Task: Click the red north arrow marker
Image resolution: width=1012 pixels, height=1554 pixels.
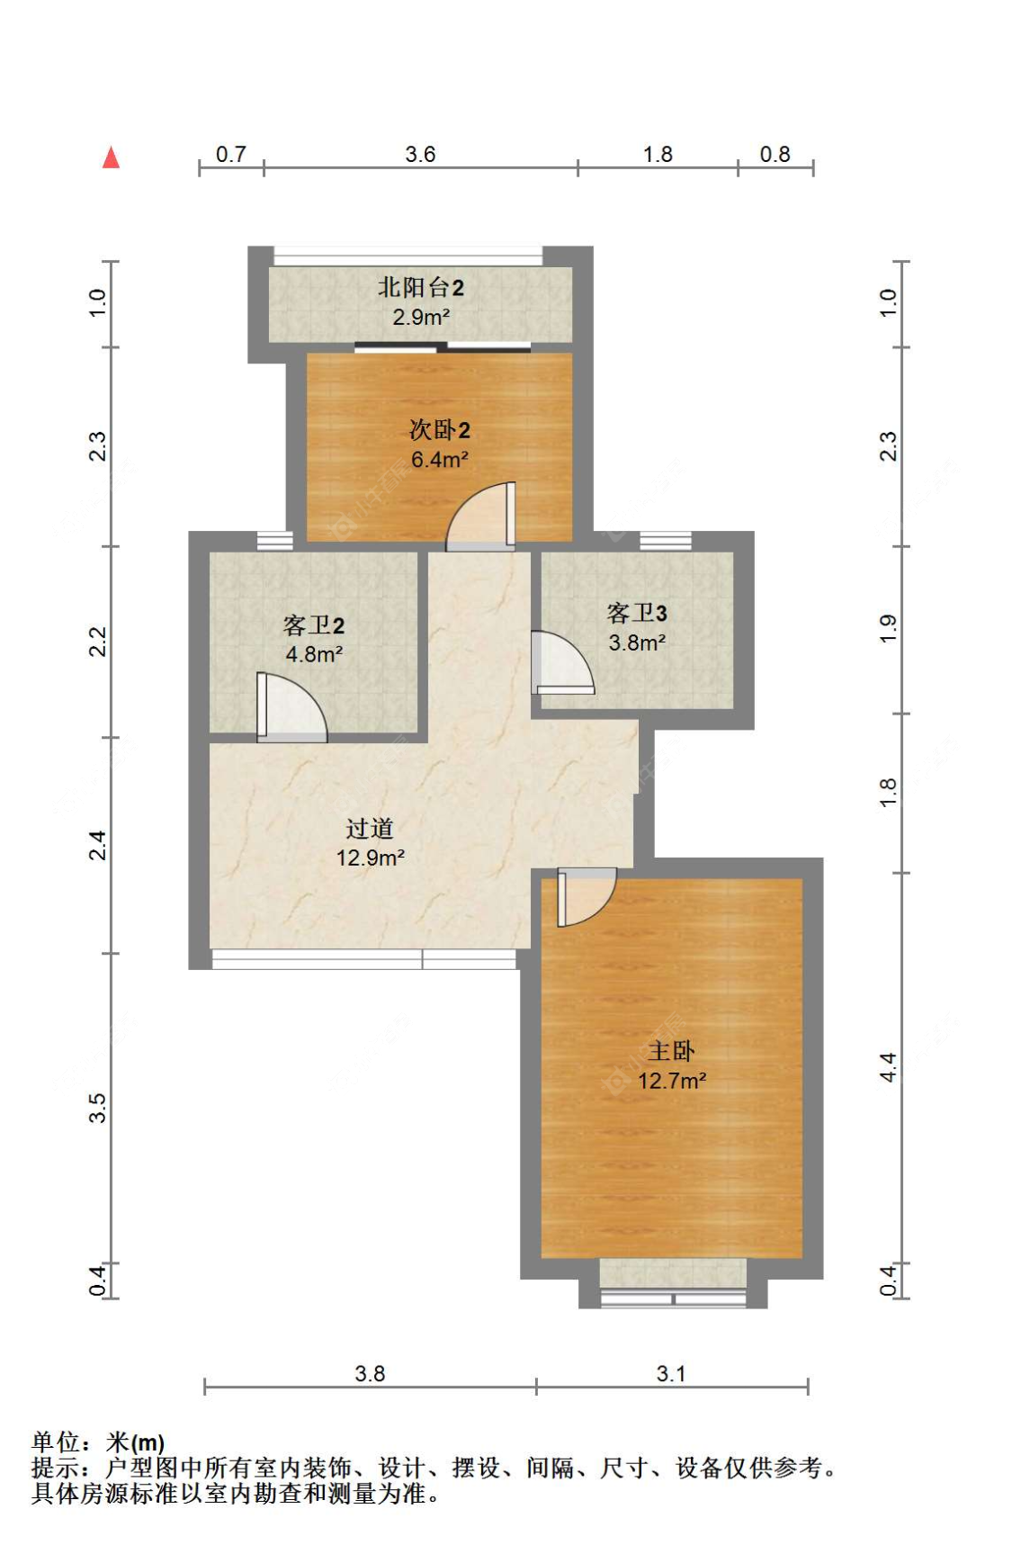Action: coord(111,157)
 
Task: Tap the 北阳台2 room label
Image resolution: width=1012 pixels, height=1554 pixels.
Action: coord(420,288)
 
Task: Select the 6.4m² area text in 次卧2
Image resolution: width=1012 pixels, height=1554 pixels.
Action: coord(439,460)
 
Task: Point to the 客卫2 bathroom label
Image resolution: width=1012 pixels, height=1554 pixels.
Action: coord(313,625)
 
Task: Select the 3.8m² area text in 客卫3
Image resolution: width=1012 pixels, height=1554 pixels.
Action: coord(637,643)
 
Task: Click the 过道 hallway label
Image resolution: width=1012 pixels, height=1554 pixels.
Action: coord(370,829)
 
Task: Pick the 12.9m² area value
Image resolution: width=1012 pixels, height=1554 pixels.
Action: coord(370,858)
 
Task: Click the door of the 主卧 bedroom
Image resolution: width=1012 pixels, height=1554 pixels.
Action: coord(585,895)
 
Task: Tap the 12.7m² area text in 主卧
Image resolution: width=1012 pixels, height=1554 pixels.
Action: coord(672,1081)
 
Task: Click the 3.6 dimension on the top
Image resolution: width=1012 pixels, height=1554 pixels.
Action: coord(420,154)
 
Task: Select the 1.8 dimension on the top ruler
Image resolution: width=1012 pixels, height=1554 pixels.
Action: coord(658,154)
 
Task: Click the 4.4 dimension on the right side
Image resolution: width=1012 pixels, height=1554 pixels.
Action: coord(888,1067)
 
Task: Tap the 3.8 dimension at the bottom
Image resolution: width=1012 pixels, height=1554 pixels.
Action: coord(370,1374)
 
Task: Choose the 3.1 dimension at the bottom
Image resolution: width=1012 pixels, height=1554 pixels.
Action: coord(671,1374)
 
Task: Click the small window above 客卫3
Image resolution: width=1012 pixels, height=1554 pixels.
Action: coord(666,541)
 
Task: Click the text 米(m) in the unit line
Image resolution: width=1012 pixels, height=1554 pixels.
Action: coord(135,1443)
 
